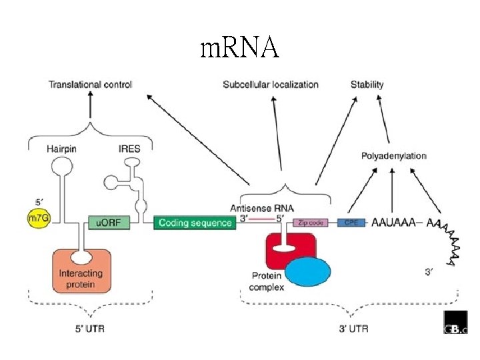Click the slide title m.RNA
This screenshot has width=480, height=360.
pos(239,48)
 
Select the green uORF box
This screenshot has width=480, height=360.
pos(109,223)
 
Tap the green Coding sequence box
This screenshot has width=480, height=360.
pos(195,223)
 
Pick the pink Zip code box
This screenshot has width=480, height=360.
pos(311,223)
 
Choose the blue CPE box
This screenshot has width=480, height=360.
pos(351,222)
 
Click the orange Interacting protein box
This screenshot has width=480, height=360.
pos(81,269)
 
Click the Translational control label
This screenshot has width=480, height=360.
pos(90,85)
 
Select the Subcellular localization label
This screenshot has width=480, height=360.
pos(271,85)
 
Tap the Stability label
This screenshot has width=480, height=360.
pos(367,85)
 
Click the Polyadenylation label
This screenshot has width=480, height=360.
pos(393,156)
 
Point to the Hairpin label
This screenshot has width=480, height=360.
pos(61,149)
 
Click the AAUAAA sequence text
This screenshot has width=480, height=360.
pos(393,222)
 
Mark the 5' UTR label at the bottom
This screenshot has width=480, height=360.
pos(90,328)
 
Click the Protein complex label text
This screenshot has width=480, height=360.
pos(267,281)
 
